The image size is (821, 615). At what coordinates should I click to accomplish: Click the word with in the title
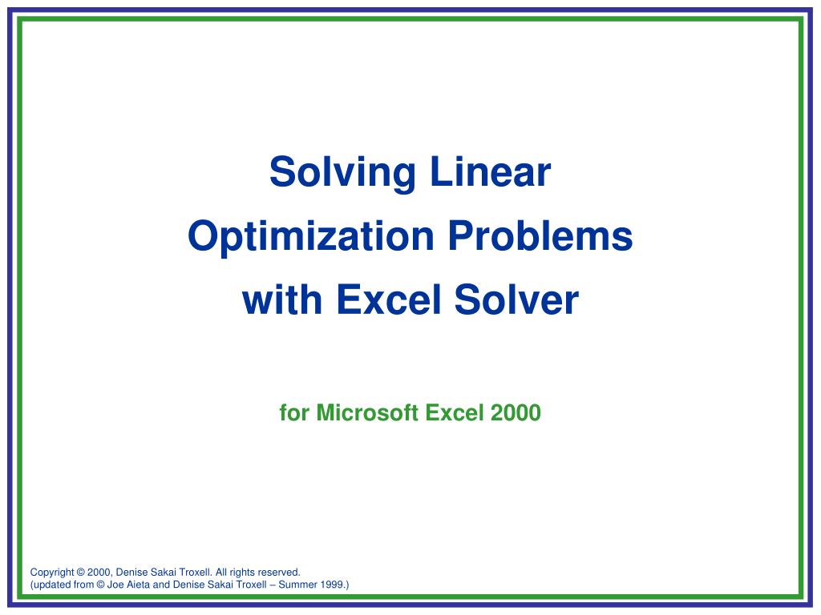point(282,300)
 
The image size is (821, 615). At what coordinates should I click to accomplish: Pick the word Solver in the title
point(516,300)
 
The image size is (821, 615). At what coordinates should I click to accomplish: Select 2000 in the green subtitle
point(516,413)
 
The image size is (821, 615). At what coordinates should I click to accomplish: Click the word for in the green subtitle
point(294,413)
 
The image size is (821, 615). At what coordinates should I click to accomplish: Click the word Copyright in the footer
point(52,573)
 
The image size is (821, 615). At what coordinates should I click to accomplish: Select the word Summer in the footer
point(296,585)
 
